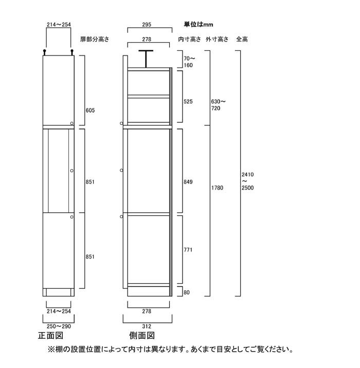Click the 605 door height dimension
pyautogui.click(x=90, y=111)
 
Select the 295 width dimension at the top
pyautogui.click(x=147, y=25)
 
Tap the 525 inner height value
pyautogui.click(x=188, y=102)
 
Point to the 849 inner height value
pyautogui.click(x=188, y=182)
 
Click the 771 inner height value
pyautogui.click(x=188, y=250)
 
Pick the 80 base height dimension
pyautogui.click(x=187, y=292)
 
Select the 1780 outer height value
pyautogui.click(x=217, y=188)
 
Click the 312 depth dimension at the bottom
pyautogui.click(x=147, y=326)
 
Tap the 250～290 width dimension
pyautogui.click(x=59, y=326)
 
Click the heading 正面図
pyautogui.click(x=51, y=336)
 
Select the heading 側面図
pyautogui.click(x=142, y=336)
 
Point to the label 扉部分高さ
pyautogui.click(x=95, y=39)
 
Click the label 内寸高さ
pyautogui.click(x=189, y=39)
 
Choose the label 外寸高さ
pyautogui.click(x=217, y=39)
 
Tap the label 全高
pyautogui.click(x=242, y=39)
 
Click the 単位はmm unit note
pyautogui.click(x=199, y=24)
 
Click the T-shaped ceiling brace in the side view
pyautogui.click(x=146, y=59)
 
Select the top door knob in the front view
pyautogui.click(x=72, y=123)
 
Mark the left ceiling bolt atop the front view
pyautogui.click(x=44, y=52)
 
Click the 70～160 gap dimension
pyautogui.click(x=189, y=62)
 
